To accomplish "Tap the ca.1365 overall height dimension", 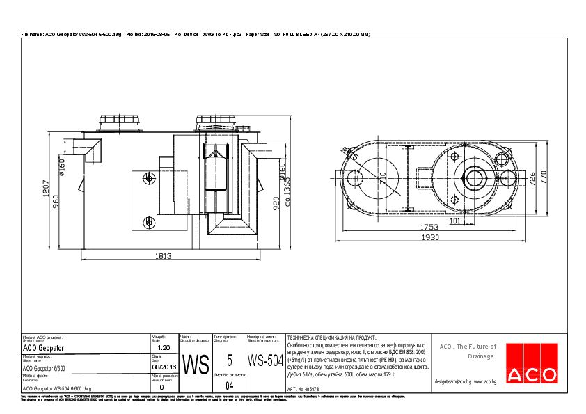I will coord(287,187).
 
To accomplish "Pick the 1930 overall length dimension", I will coord(431,238).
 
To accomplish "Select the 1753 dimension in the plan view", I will coord(429,228).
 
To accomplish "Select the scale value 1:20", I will coord(164,347).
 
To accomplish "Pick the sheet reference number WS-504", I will coord(265,361).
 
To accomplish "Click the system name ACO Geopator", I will coord(43,347).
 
